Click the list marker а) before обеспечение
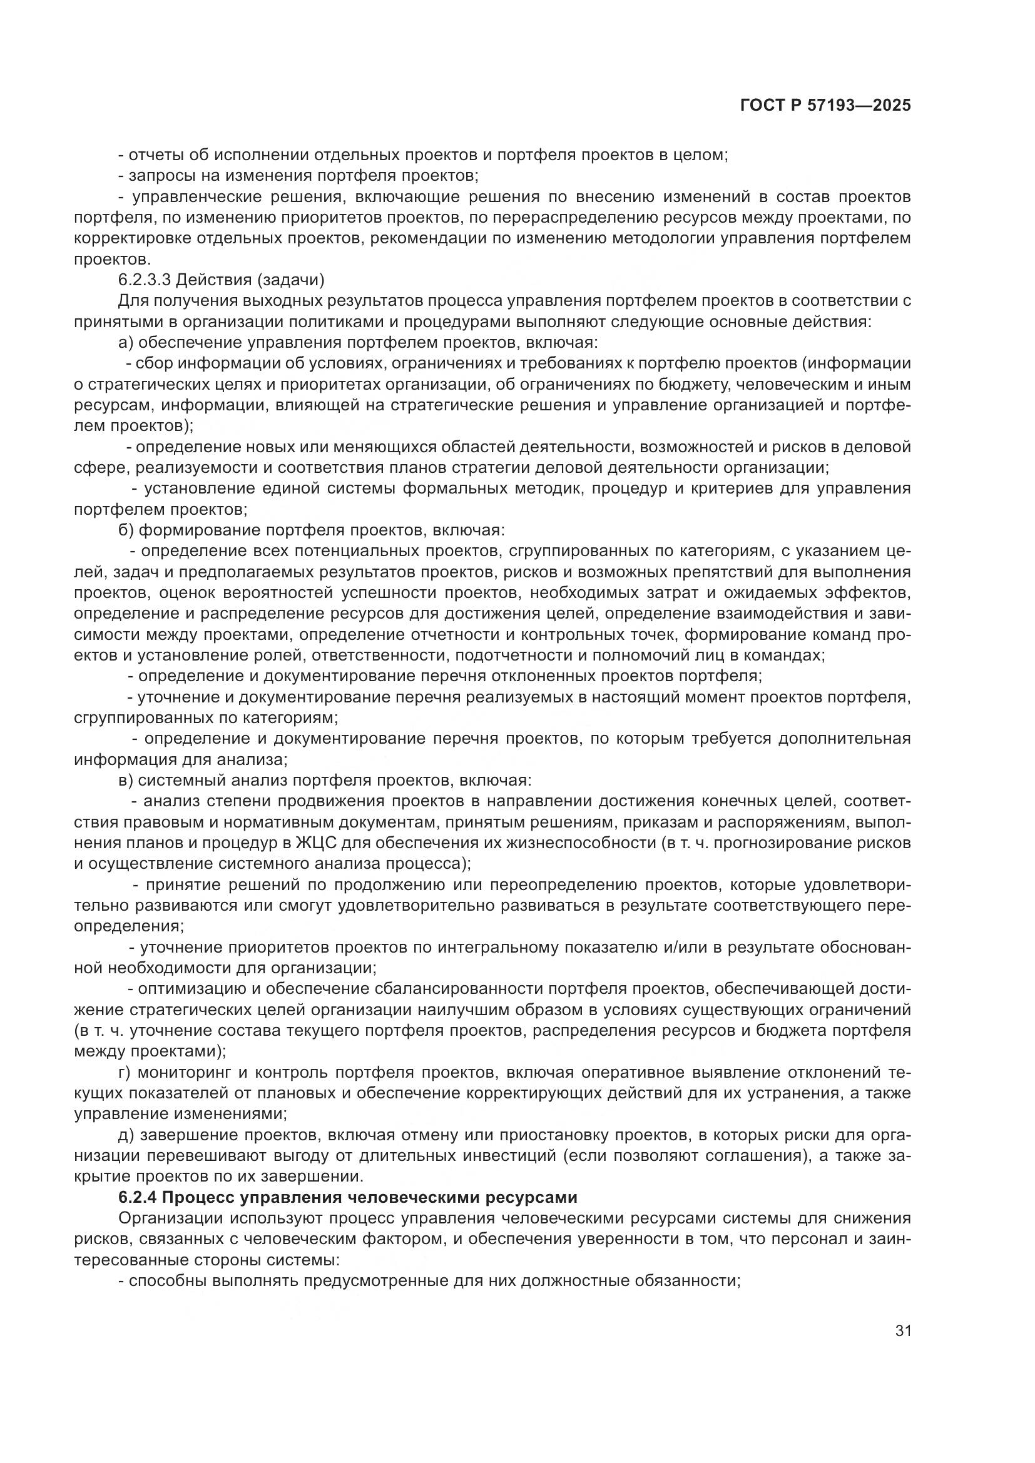tap(126, 343)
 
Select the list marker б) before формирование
tap(126, 530)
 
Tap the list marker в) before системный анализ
tap(126, 781)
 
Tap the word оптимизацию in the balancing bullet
tap(190, 989)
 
